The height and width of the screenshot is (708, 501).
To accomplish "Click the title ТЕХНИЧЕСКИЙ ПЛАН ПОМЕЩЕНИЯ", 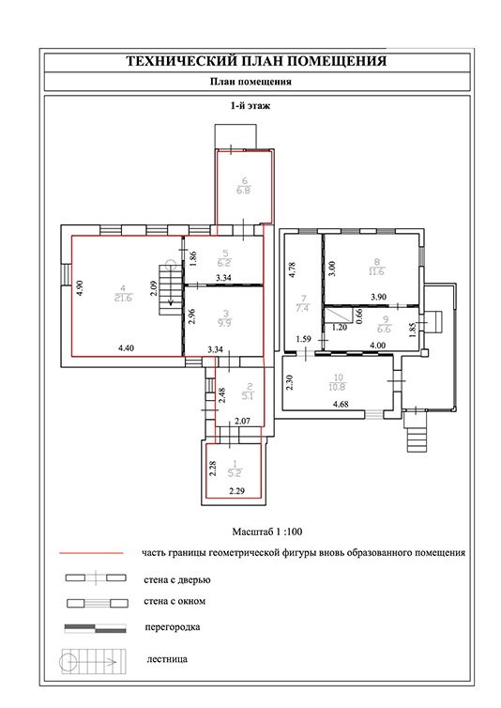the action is [256, 61].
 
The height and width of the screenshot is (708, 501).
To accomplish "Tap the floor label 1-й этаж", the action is [250, 106].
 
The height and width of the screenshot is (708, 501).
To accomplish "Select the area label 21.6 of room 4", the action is [123, 298].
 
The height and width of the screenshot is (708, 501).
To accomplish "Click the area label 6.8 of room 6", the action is [244, 191].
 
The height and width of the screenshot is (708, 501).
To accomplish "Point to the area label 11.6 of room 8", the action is [376, 271].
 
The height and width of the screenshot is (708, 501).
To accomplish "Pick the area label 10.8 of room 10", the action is [338, 387].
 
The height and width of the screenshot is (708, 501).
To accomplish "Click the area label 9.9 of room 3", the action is [225, 323].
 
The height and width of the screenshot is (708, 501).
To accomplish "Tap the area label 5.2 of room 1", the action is [235, 473].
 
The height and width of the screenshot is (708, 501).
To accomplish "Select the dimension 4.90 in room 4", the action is [81, 287].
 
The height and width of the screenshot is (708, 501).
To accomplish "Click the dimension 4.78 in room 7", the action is [292, 269].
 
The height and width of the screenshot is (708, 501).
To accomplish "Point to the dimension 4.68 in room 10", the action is [341, 404].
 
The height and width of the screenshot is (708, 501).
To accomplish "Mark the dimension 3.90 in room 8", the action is [378, 297].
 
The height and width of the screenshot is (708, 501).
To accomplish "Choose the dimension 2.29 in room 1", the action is [236, 491].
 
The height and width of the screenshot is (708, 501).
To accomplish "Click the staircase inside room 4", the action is [170, 290].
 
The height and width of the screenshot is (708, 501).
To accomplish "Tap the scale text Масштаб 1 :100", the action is [267, 531].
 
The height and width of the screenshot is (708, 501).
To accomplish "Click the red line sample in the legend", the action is [91, 553].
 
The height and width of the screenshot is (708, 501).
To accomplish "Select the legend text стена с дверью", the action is [177, 579].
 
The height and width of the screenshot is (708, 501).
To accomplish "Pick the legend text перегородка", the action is [173, 626].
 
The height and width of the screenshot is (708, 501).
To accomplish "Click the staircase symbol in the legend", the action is [94, 662].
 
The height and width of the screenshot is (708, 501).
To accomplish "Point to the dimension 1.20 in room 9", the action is [340, 327].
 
